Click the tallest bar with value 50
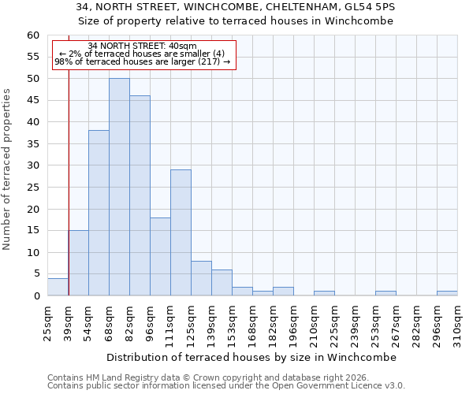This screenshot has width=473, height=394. coord(119,187)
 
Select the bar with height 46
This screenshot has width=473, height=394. coord(140,195)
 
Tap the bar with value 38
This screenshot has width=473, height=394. coord(99,213)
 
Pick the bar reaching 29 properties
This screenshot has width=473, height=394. coord(181,232)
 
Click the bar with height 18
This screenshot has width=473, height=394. coord(160,256)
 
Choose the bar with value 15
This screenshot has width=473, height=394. coord(78,262)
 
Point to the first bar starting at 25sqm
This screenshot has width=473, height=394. coord(58,287)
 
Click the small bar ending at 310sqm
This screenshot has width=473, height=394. coord(447,293)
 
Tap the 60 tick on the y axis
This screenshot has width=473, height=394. coord(33,35)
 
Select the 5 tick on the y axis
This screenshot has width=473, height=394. coord(36,274)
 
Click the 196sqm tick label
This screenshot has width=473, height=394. coord(294,322)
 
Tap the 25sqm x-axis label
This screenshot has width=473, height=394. coord(48,321)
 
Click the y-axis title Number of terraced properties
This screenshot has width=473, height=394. coord(8,169)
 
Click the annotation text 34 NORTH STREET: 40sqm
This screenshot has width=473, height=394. coord(143,46)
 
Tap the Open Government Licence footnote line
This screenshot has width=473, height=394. coord(225,386)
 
